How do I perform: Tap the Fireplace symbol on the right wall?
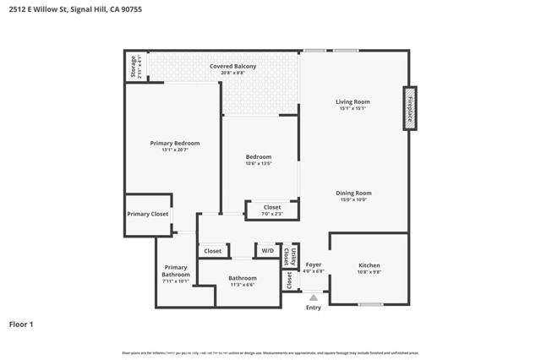coord(410,107)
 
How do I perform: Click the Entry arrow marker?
coord(314,297)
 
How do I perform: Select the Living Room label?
coord(352,102)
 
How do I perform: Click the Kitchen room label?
coord(369,265)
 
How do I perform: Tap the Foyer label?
coord(314,265)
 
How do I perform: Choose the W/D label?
coord(267,251)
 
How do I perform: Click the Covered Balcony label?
coord(233,66)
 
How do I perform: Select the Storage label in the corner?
coord(134,66)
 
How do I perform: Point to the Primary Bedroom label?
coord(175,144)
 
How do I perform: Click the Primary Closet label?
coord(148,214)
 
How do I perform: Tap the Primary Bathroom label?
coord(176,271)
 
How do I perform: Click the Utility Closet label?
coord(291,254)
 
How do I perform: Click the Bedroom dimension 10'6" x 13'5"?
coord(259,164)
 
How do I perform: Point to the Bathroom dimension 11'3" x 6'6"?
coord(243,285)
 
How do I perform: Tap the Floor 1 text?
coord(21,324)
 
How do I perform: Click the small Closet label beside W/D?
coord(213,251)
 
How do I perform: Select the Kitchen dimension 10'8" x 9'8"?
coord(369,272)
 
